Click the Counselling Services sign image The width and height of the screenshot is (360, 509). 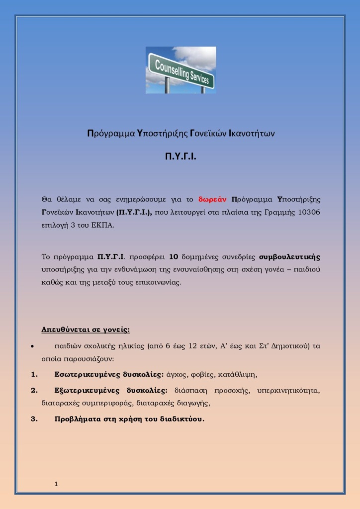pyautogui.click(x=180, y=70)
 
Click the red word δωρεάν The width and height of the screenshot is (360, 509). pyautogui.click(x=213, y=200)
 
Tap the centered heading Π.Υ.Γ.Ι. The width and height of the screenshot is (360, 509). pyautogui.click(x=180, y=157)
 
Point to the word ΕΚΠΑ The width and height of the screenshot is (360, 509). pyautogui.click(x=104, y=225)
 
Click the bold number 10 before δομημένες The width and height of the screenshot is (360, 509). pyautogui.click(x=173, y=257)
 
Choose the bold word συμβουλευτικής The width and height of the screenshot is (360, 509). pyautogui.click(x=290, y=257)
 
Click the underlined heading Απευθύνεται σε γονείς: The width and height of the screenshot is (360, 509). pyautogui.click(x=86, y=330)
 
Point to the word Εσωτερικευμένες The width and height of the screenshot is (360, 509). pyautogui.click(x=83, y=374)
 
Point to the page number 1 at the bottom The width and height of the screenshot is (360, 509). pyautogui.click(x=56, y=483)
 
